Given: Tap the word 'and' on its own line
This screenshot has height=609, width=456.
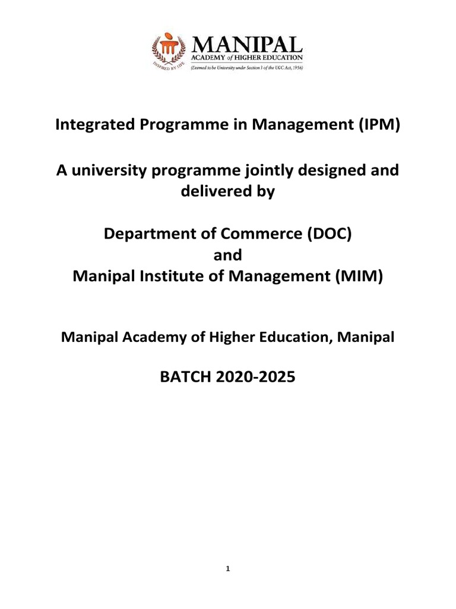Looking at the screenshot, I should (227, 255).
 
